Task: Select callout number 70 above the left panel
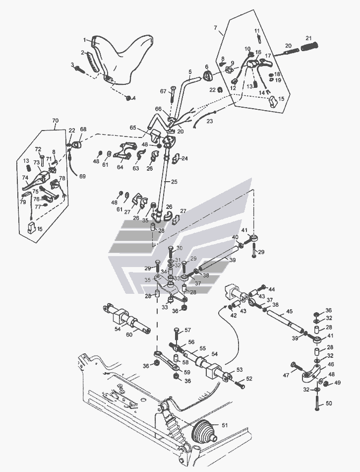55,121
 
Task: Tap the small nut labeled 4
128,98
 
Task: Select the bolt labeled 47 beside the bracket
295,368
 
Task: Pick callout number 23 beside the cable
209,120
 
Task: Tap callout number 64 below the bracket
120,167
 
